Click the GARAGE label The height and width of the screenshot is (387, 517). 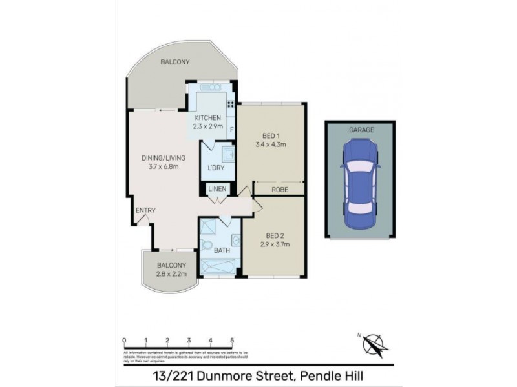pyautogui.click(x=361, y=130)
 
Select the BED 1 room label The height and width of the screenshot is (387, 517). pyautogui.click(x=270, y=135)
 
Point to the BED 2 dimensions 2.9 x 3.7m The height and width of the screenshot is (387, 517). pyautogui.click(x=275, y=244)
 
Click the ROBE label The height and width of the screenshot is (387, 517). pyautogui.click(x=279, y=190)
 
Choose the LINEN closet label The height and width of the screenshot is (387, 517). pyautogui.click(x=216, y=189)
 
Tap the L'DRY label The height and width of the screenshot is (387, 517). pyautogui.click(x=216, y=168)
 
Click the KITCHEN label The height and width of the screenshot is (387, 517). pyautogui.click(x=208, y=118)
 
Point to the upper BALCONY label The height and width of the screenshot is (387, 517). pyautogui.click(x=175, y=62)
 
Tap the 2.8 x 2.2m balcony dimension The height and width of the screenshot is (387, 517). pyautogui.click(x=171, y=274)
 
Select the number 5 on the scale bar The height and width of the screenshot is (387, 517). pyautogui.click(x=231, y=341)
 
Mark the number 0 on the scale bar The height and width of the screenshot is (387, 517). pyautogui.click(x=124, y=341)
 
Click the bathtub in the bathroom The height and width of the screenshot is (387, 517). pyautogui.click(x=220, y=266)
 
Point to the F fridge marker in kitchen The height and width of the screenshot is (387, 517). pyautogui.click(x=231, y=129)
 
